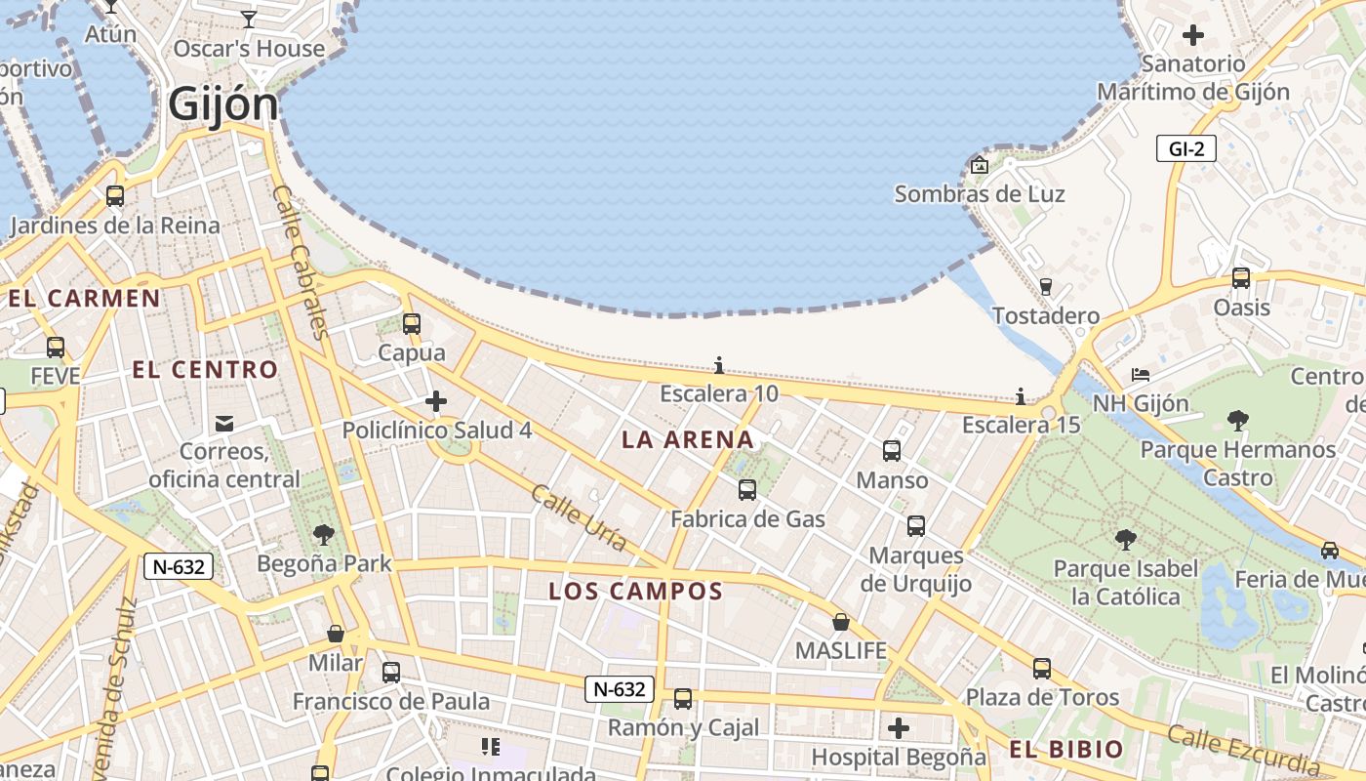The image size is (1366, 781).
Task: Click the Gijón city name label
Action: coord(223,103)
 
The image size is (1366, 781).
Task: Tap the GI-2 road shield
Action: coord(1186,149)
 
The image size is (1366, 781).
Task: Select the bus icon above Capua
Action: coord(412,324)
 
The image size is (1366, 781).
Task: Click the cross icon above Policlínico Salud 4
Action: coord(436,401)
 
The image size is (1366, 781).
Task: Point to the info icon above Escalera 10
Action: coord(719,366)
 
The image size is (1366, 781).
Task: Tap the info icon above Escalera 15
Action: coord(1021,396)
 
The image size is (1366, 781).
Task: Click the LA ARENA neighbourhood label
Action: coord(688,440)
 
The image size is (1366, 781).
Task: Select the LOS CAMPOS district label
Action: coord(635,592)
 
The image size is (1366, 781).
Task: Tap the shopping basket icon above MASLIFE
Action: coord(840,622)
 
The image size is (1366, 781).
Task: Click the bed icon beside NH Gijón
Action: coord(1140,375)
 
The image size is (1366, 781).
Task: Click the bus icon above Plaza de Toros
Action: coord(1042,669)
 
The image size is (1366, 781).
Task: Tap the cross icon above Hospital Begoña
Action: coord(899,728)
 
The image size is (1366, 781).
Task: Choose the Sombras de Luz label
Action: coord(980,194)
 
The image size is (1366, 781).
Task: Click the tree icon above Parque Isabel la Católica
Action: coord(1125,540)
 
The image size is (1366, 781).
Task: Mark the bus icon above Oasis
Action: coord(1241,278)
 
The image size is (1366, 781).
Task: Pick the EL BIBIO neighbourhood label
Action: coord(1066,750)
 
